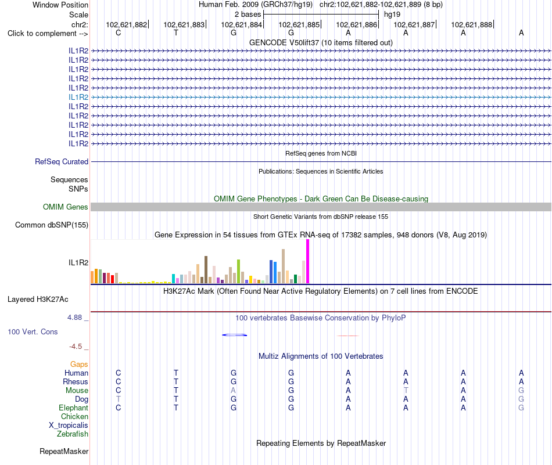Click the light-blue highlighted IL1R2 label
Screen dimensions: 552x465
(x=78, y=97)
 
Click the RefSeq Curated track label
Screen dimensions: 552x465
(x=62, y=161)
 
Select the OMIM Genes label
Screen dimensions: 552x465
(x=66, y=207)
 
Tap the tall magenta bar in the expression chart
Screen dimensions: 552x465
(x=308, y=261)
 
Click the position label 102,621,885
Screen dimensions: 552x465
(x=299, y=24)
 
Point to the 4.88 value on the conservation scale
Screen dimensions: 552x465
(x=74, y=318)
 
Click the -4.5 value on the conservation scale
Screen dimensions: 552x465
(x=76, y=347)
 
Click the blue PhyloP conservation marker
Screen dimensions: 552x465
(x=235, y=335)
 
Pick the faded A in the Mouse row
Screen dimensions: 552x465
(x=233, y=391)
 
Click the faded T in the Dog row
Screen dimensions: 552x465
(x=119, y=399)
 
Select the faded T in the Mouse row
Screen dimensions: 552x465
(x=406, y=391)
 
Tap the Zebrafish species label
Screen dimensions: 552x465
(x=73, y=434)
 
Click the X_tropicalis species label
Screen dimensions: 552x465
(x=69, y=426)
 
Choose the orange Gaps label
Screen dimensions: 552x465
(x=79, y=365)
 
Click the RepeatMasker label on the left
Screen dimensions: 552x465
(x=64, y=451)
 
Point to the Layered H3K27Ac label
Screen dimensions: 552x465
(x=38, y=300)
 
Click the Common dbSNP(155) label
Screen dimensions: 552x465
(x=52, y=225)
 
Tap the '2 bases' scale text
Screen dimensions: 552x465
(x=248, y=15)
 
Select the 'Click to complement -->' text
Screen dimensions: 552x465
(x=48, y=34)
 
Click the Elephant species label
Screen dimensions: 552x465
(x=74, y=408)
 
